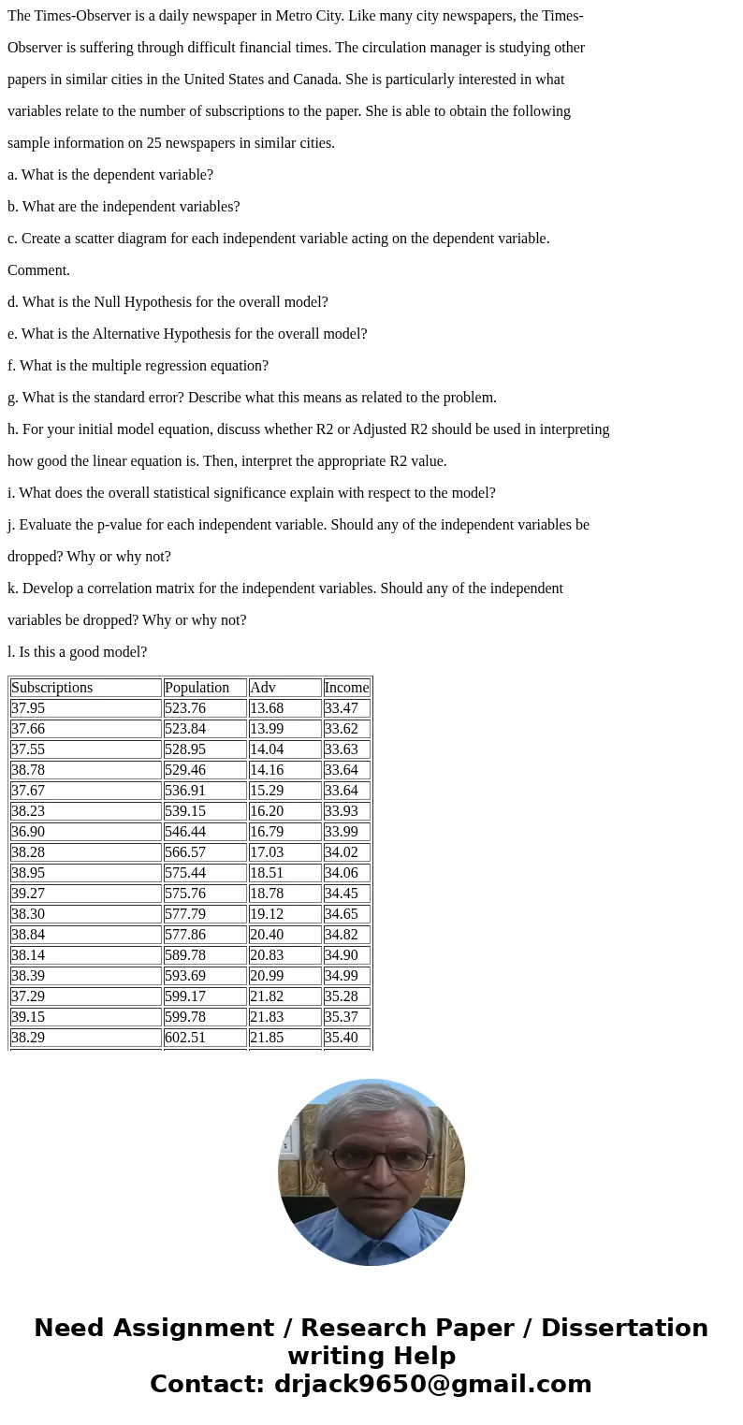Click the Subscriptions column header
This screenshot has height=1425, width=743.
pyautogui.click(x=52, y=688)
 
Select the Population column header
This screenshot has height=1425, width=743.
pyautogui.click(x=197, y=688)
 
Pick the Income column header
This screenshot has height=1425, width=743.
pyautogui.click(x=346, y=688)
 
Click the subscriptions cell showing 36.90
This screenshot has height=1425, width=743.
pyautogui.click(x=28, y=832)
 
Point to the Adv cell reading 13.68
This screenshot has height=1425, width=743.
pyautogui.click(x=267, y=708)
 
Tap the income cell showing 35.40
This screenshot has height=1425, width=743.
pyautogui.click(x=342, y=1038)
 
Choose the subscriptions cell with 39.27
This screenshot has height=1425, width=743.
pyautogui.click(x=28, y=894)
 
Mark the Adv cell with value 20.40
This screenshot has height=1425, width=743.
pyautogui.click(x=267, y=935)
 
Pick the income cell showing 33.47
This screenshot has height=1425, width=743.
pyautogui.click(x=342, y=708)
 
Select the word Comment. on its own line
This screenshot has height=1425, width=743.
pyautogui.click(x=38, y=270)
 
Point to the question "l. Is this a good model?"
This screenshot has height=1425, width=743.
pyautogui.click(x=77, y=652)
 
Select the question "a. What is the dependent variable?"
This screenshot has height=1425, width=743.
pyautogui.click(x=110, y=175)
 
